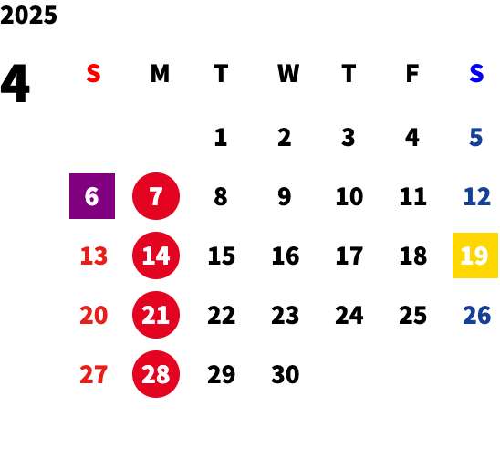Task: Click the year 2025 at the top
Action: (x=28, y=15)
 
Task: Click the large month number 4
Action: (x=16, y=83)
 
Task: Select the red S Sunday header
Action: (x=93, y=74)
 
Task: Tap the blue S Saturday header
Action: (x=476, y=74)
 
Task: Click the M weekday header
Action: (x=160, y=74)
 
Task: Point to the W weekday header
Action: (x=288, y=74)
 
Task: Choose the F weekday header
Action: (x=412, y=74)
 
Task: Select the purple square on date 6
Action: (x=92, y=196)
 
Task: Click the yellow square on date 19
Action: (x=475, y=256)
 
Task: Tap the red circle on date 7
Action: (x=156, y=196)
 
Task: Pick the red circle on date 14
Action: (x=156, y=256)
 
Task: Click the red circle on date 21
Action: (x=156, y=315)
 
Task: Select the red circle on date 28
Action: (x=156, y=374)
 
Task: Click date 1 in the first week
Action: (x=221, y=138)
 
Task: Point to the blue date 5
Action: (x=475, y=138)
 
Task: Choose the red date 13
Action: (x=94, y=256)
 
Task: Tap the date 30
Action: (x=286, y=374)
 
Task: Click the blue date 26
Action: (x=476, y=315)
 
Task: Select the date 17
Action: (x=349, y=256)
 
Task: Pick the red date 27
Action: (x=93, y=374)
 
